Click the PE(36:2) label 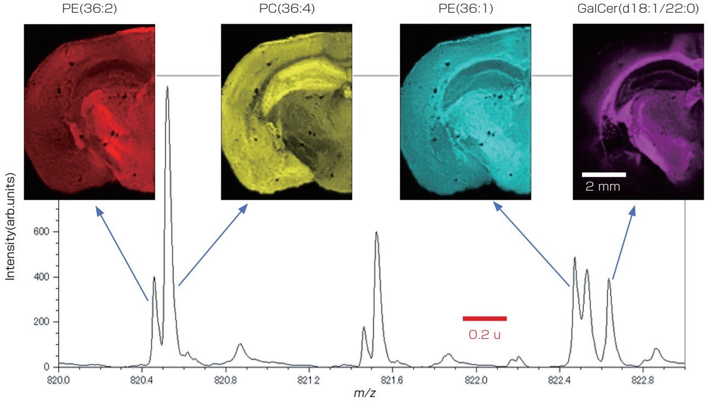coord(90,10)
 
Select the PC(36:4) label coord(286,10)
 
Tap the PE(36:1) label coord(465,10)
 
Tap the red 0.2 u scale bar coord(484,318)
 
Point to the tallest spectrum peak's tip coord(167,87)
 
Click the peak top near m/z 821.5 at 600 coord(376,232)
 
